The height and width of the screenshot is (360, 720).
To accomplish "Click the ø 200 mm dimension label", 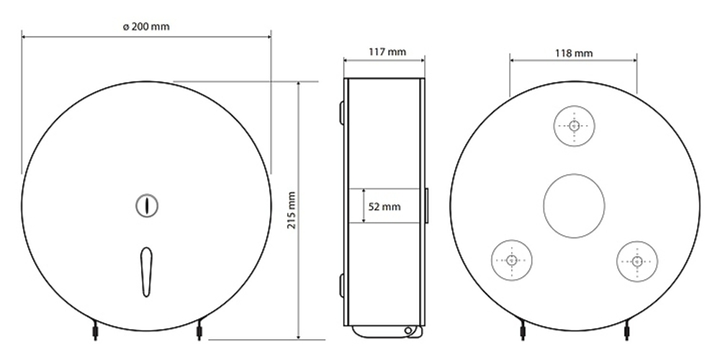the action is coord(146,27).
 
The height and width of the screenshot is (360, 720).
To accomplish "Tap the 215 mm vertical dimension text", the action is coord(292,210).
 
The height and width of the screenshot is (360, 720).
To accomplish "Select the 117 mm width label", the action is coord(387,52).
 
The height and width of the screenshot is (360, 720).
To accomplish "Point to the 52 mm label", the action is coord(384,207).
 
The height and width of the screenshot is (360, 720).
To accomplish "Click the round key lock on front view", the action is coord(147,205).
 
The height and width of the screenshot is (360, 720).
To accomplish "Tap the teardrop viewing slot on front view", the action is coord(146,272).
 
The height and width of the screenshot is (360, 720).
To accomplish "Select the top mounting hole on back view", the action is coord(574,126).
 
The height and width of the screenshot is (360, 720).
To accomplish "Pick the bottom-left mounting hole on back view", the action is coord(511,261).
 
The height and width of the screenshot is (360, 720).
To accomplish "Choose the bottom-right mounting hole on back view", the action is coord(637,261).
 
